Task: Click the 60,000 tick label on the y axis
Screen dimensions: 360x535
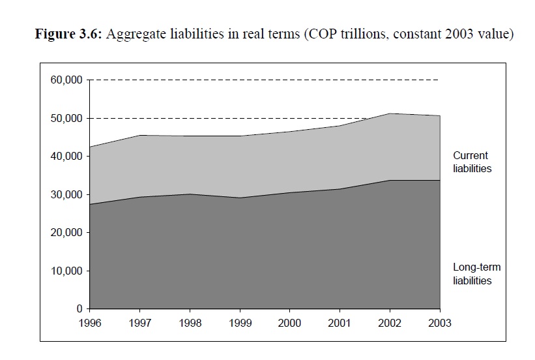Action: click(x=66, y=80)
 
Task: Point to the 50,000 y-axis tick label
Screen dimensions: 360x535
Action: click(x=66, y=118)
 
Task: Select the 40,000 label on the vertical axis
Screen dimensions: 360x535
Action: click(x=66, y=157)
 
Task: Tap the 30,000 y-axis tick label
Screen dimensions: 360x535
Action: click(x=66, y=194)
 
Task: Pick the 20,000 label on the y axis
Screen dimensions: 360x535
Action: click(x=66, y=232)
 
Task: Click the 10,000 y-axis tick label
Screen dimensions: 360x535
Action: click(x=66, y=271)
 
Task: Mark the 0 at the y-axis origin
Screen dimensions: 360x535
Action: click(x=80, y=308)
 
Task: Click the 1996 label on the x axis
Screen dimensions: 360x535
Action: click(x=90, y=322)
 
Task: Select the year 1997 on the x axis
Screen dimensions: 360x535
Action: click(x=140, y=322)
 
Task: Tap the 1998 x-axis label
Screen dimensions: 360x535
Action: click(x=190, y=322)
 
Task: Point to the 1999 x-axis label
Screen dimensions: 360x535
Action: click(x=240, y=322)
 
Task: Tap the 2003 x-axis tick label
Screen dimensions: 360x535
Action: click(x=441, y=322)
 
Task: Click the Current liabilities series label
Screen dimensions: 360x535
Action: click(x=472, y=162)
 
